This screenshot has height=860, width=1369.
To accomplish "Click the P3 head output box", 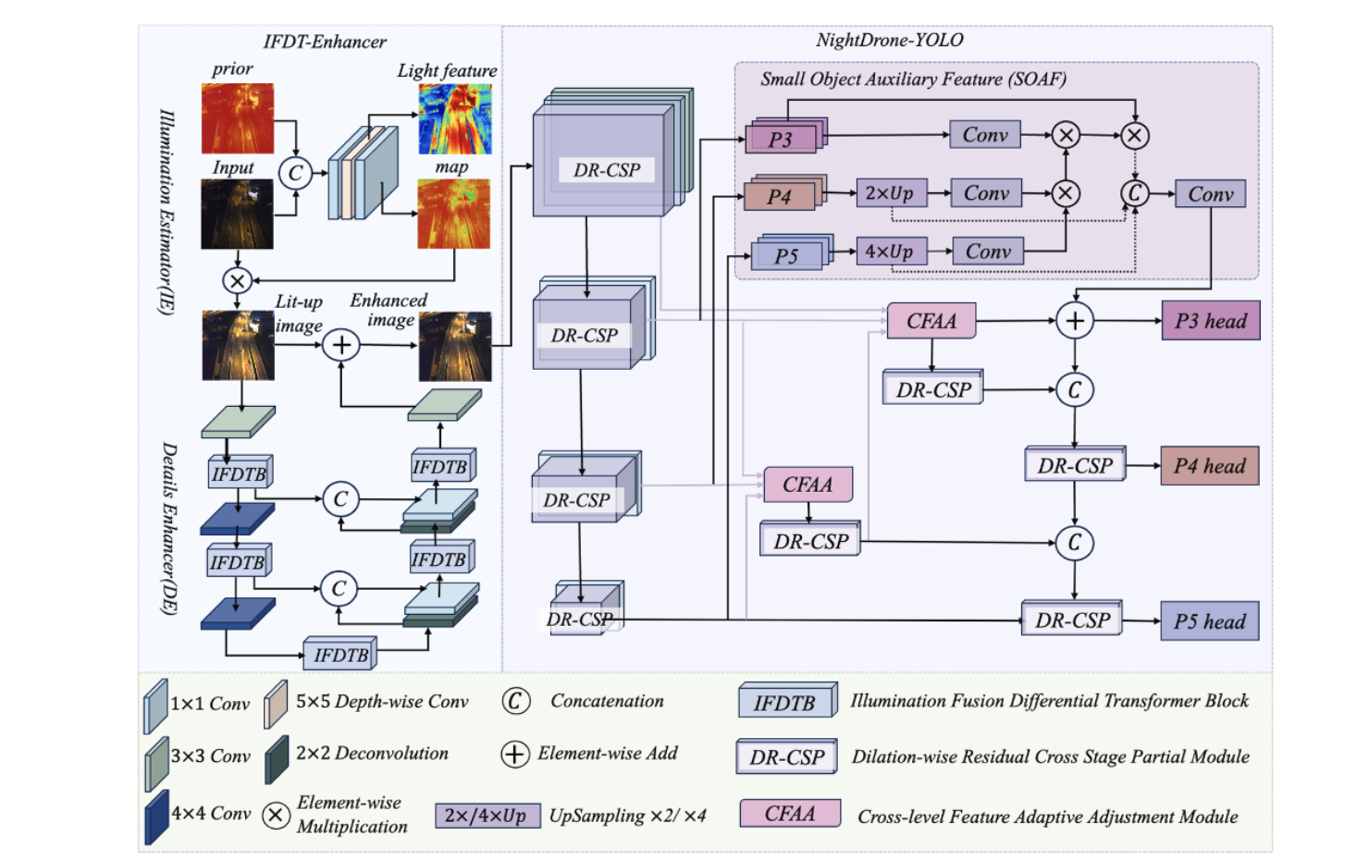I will pyautogui.click(x=1210, y=321).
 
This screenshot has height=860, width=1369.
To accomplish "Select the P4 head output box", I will pyautogui.click(x=1209, y=466).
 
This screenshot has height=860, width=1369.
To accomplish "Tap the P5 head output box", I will pyautogui.click(x=1209, y=621).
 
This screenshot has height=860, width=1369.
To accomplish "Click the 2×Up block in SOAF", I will pyautogui.click(x=891, y=193).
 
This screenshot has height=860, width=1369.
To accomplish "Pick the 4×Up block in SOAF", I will pyautogui.click(x=891, y=252).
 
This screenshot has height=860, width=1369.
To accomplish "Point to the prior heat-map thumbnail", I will pyautogui.click(x=238, y=118).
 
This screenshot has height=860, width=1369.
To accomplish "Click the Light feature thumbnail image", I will pyautogui.click(x=455, y=119).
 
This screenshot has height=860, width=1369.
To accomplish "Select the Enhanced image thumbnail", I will pyautogui.click(x=455, y=347).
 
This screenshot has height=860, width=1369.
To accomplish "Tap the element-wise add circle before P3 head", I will pyautogui.click(x=1075, y=321).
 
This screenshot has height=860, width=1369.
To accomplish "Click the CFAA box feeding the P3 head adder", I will pyautogui.click(x=931, y=321).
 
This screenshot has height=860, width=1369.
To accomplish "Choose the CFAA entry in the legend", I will pyautogui.click(x=790, y=814).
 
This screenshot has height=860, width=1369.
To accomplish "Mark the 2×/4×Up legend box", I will pyautogui.click(x=487, y=816).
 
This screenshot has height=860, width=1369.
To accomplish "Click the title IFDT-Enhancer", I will pyautogui.click(x=325, y=42).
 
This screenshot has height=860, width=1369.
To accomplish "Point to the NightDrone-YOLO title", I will pyautogui.click(x=889, y=41).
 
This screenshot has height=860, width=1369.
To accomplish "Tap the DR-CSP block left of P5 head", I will pyautogui.click(x=1072, y=620).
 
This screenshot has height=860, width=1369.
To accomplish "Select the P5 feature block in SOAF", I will pyautogui.click(x=787, y=255).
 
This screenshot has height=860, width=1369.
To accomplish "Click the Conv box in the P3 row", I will pyautogui.click(x=985, y=135).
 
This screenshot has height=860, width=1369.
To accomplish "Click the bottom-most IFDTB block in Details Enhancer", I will pyautogui.click(x=340, y=655).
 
